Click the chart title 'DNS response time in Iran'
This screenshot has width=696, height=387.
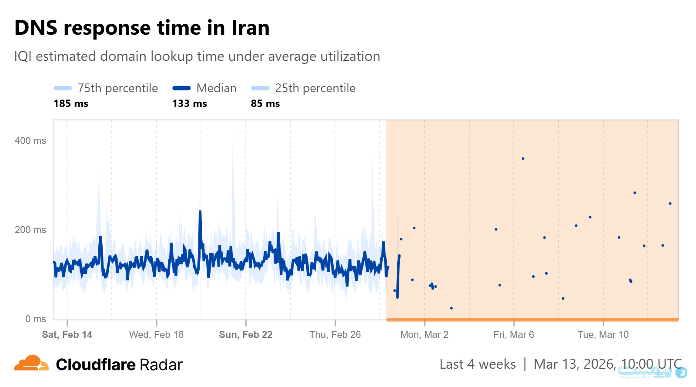pyautogui.click(x=142, y=28)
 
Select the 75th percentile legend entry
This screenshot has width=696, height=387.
pyautogui.click(x=106, y=88)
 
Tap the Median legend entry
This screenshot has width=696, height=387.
pyautogui.click(x=204, y=88)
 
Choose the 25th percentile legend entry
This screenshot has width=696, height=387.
pyautogui.click(x=303, y=88)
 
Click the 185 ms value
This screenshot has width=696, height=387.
pyautogui.click(x=71, y=103)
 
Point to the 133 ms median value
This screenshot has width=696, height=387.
pyautogui.click(x=190, y=103)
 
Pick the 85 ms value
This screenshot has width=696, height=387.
pyautogui.click(x=265, y=103)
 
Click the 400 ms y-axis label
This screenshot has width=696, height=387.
pyautogui.click(x=30, y=140)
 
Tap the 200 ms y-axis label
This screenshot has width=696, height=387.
pyautogui.click(x=30, y=230)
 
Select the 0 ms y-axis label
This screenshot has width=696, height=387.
pyautogui.click(x=36, y=319)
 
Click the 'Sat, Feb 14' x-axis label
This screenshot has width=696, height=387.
pyautogui.click(x=67, y=334)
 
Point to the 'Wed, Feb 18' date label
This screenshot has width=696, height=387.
pyautogui.click(x=156, y=334)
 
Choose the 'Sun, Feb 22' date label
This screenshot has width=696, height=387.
pyautogui.click(x=246, y=334)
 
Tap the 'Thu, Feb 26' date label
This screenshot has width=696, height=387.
pyautogui.click(x=335, y=334)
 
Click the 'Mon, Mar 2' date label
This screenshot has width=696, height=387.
pyautogui.click(x=424, y=334)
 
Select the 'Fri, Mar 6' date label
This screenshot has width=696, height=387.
pyautogui.click(x=514, y=334)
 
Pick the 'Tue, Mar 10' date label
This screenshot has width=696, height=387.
pyautogui.click(x=603, y=334)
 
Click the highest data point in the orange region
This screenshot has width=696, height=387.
pyautogui.click(x=523, y=159)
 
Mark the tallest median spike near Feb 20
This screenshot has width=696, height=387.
pyautogui.click(x=200, y=212)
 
